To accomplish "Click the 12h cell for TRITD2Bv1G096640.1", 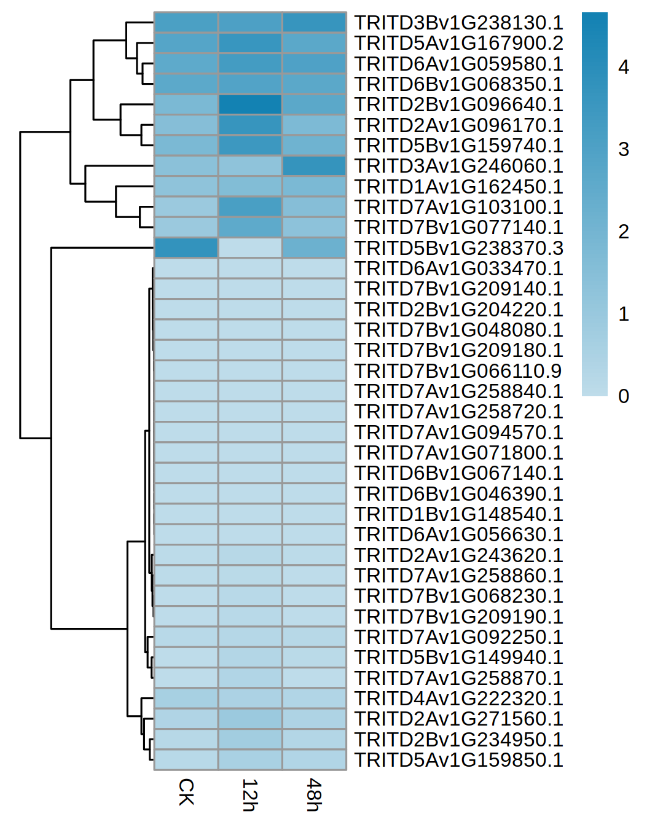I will (250, 104).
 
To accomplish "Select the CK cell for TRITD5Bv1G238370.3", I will (186, 248).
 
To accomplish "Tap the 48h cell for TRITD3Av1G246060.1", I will (314, 166).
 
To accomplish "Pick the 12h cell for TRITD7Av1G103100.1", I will (250, 207).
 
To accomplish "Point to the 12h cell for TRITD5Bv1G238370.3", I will (250, 248).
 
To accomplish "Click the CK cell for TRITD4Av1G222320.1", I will (186, 699).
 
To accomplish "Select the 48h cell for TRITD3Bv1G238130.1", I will (314, 23).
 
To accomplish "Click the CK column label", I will (186, 792).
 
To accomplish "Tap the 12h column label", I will (249, 795).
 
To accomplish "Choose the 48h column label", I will (314, 795).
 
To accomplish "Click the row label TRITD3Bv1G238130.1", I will (458, 23).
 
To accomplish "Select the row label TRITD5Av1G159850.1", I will (458, 760).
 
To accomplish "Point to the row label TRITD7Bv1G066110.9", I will (458, 371).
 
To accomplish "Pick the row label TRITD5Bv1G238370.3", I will (458, 248).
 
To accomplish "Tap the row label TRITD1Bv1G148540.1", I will (458, 514).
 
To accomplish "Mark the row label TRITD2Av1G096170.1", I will (458, 125).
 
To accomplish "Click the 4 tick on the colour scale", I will (624, 67).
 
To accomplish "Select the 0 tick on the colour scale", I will (624, 396).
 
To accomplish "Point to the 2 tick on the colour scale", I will (624, 232).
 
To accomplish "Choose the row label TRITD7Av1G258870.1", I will (458, 678).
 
